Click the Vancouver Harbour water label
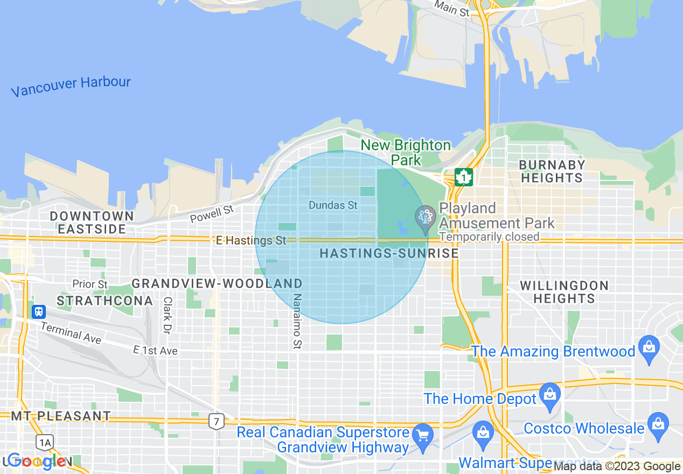pyautogui.click(x=71, y=86)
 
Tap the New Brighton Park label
pyautogui.click(x=406, y=152)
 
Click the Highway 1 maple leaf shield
pyautogui.click(x=463, y=177)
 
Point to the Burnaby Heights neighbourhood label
pyautogui.click(x=551, y=171)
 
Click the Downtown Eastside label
pyautogui.click(x=92, y=222)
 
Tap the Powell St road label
pyautogui.click(x=212, y=214)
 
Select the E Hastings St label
pyautogui.click(x=250, y=240)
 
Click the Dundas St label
pyautogui.click(x=333, y=205)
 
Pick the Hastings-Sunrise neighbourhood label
pyautogui.click(x=389, y=253)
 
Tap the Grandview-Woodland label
pyautogui.click(x=217, y=283)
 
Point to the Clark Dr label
pyautogui.click(x=167, y=315)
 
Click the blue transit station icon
pyautogui.click(x=39, y=311)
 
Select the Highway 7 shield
pyautogui.click(x=216, y=421)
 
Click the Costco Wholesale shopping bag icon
pyautogui.click(x=658, y=422)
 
